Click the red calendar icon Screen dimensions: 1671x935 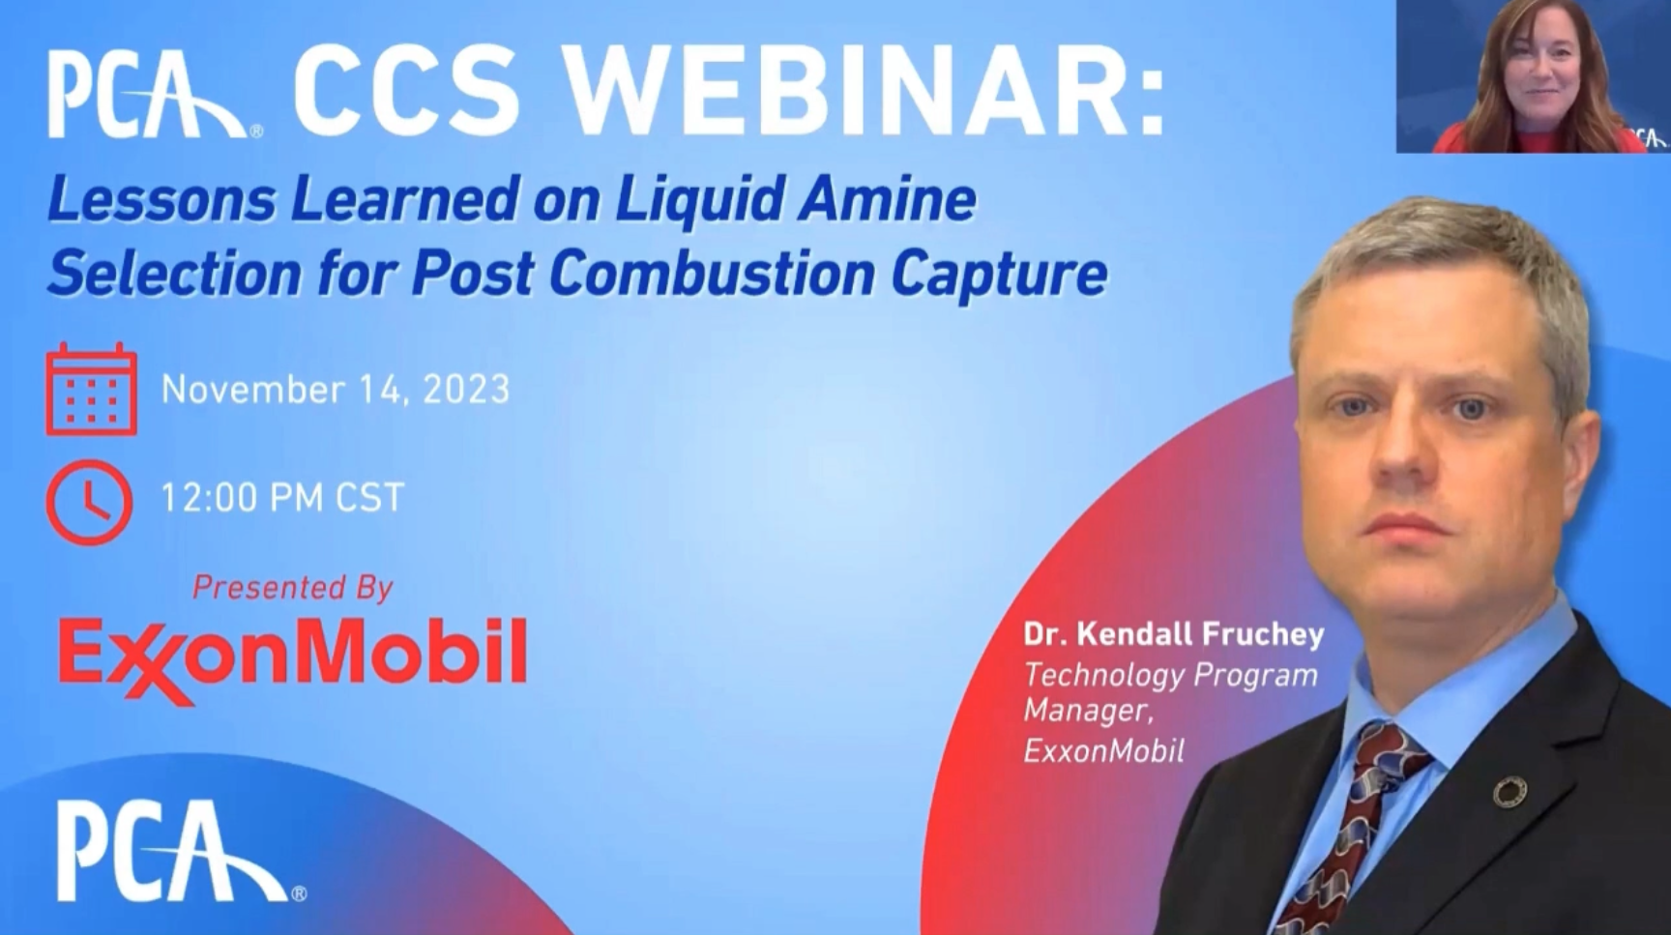pos(91,389)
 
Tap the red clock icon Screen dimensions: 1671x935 pos(89,502)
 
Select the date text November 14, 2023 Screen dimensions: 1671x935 pos(336,390)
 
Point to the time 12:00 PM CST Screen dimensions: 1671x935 pos(281,498)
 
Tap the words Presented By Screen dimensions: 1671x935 pos(292,587)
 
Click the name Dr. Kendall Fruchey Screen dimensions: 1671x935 pos(1174,634)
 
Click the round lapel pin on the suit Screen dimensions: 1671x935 pos(1509,793)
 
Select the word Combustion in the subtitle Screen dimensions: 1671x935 pos(712,274)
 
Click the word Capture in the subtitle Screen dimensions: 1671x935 pos(1000,276)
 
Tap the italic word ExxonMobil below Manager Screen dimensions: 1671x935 pos(1103,750)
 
